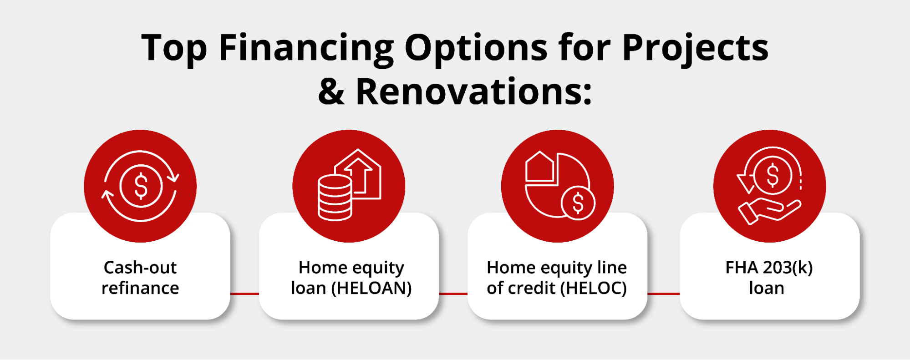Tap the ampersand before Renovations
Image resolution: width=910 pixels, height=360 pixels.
click(x=331, y=91)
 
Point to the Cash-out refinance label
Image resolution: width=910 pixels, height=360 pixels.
click(x=140, y=278)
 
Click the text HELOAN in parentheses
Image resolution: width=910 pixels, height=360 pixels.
click(x=371, y=288)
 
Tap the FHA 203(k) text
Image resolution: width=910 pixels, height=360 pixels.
click(x=769, y=268)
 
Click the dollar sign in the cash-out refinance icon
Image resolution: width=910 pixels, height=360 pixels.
click(x=141, y=186)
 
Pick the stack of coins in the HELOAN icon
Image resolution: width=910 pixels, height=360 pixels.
click(x=335, y=198)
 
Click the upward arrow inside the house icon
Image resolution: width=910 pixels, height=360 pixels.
click(x=358, y=176)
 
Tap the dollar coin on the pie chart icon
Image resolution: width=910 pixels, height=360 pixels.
click(x=578, y=203)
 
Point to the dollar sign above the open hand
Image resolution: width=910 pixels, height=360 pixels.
click(x=773, y=176)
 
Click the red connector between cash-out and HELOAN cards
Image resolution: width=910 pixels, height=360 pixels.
click(x=244, y=294)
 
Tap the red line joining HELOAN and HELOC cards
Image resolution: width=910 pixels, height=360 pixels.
click(x=453, y=294)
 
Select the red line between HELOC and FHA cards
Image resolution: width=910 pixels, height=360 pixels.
click(x=663, y=294)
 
